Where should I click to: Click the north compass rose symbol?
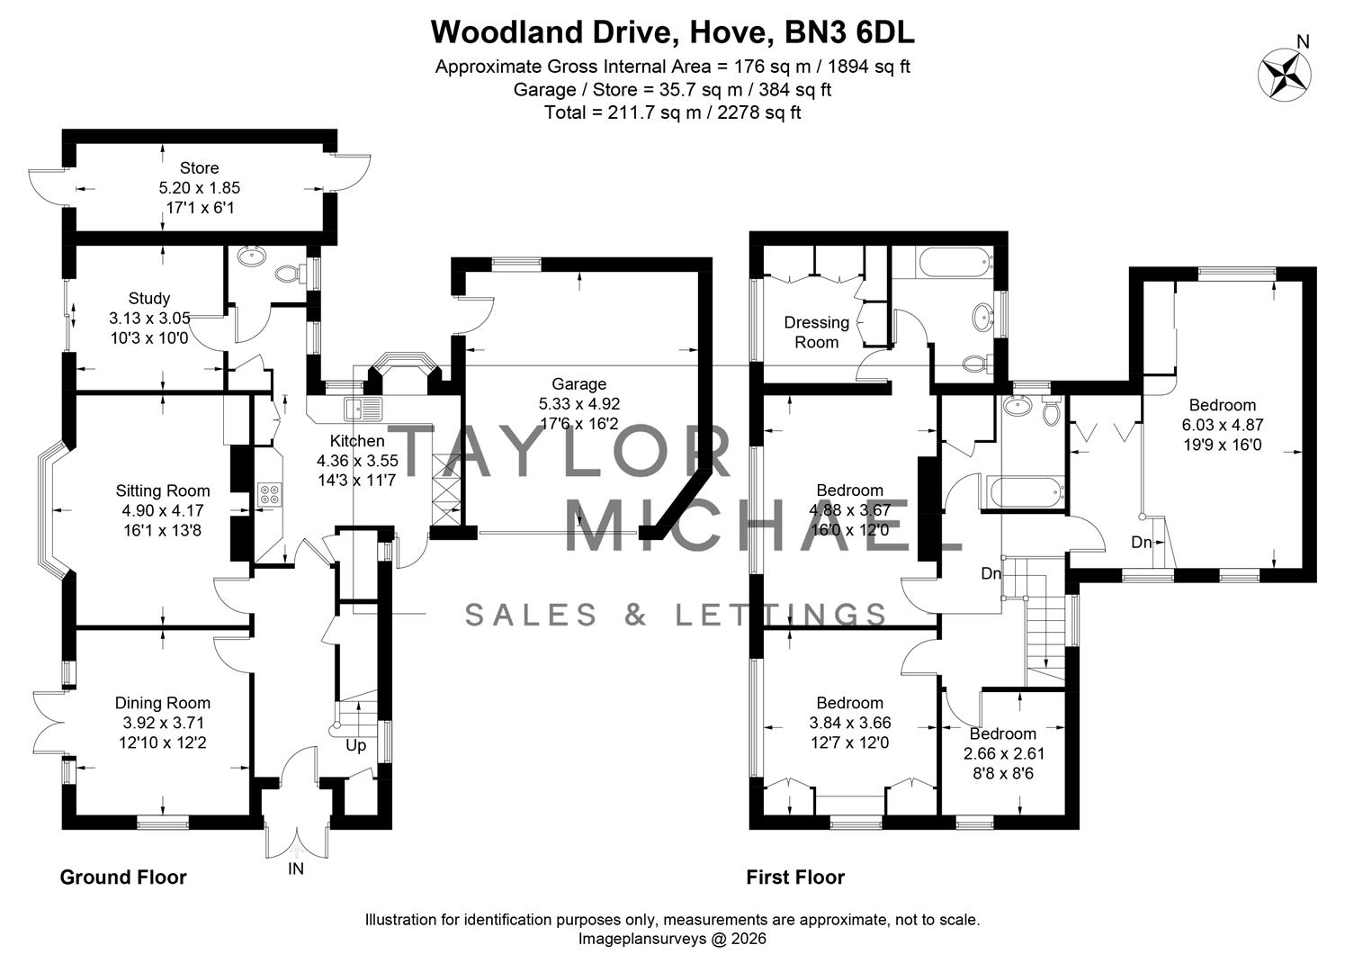tap(1284, 73)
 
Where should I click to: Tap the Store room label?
tap(199, 168)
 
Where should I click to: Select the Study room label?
tap(149, 298)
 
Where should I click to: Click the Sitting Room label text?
tap(163, 490)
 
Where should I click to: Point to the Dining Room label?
tap(163, 703)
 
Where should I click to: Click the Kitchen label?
tap(357, 441)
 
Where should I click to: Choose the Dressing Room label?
tap(817, 332)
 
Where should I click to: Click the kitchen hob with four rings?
tap(269, 493)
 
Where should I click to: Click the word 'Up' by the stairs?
tap(356, 745)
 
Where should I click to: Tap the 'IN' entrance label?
tap(296, 868)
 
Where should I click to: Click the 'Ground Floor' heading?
tap(123, 877)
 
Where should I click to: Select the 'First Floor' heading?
tap(795, 877)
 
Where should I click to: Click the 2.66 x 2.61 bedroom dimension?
tap(1003, 753)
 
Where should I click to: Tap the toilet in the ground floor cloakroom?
tap(289, 273)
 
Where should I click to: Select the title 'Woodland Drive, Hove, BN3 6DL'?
tap(672, 32)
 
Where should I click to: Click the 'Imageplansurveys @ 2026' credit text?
tap(672, 939)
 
